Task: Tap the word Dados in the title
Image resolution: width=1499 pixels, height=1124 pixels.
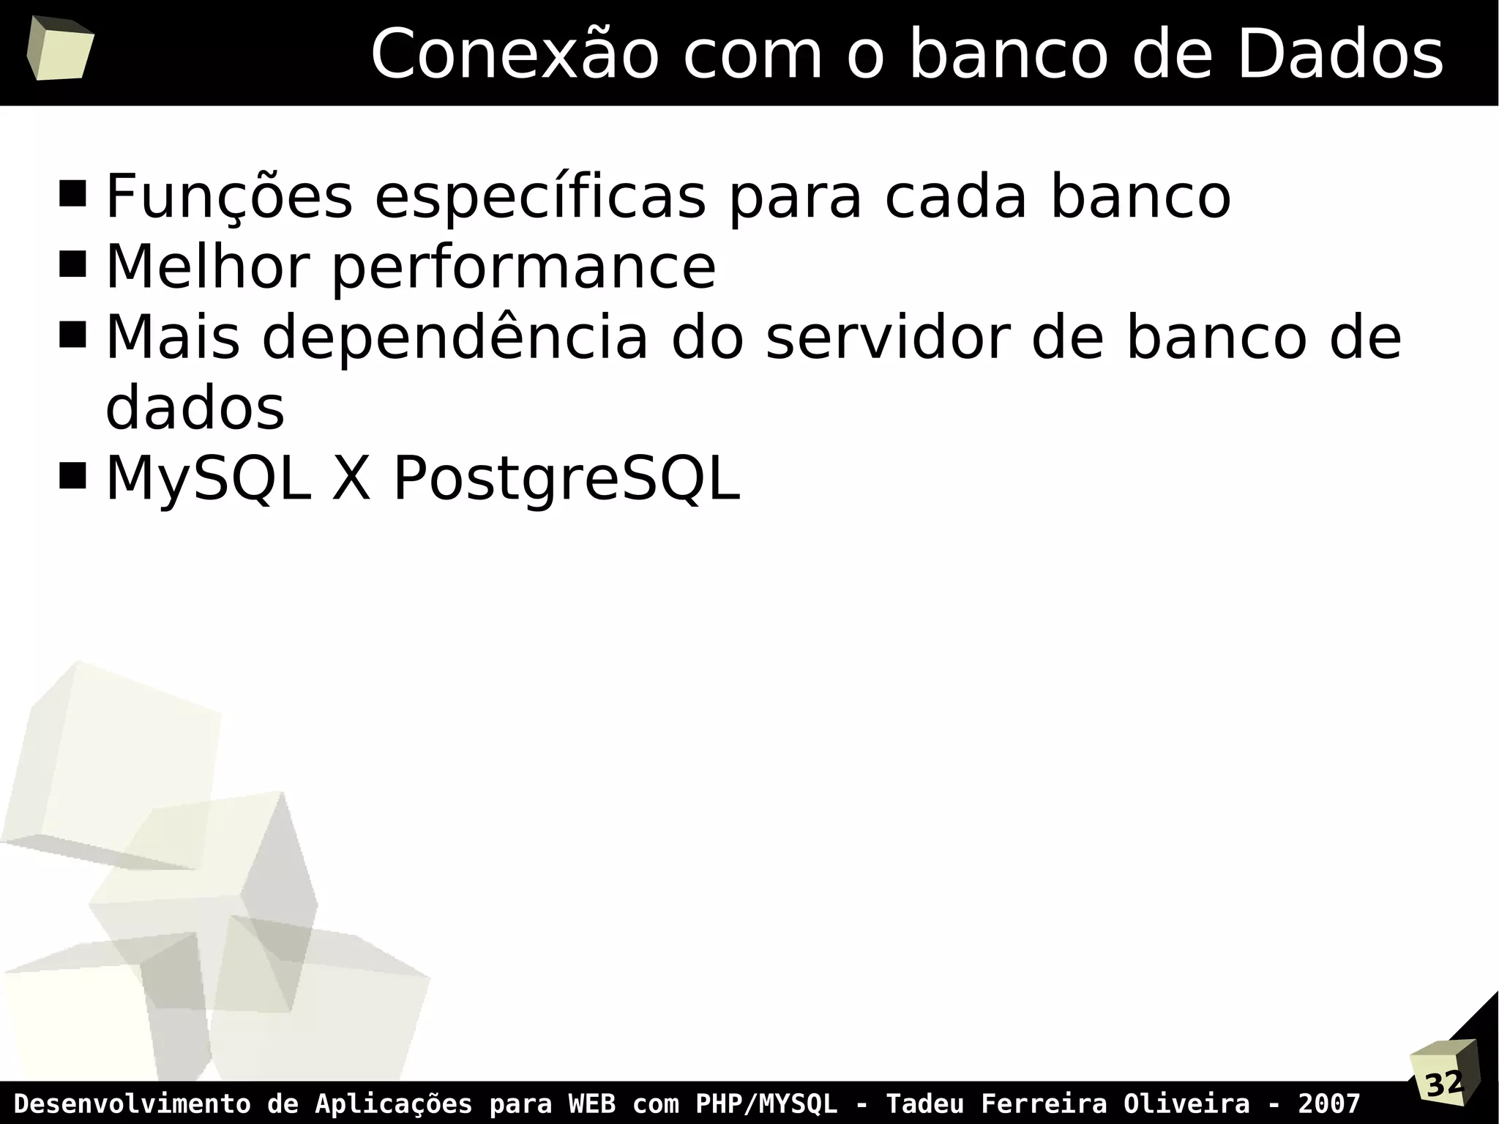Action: (x=1340, y=54)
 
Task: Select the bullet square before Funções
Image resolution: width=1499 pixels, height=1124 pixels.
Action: (x=72, y=194)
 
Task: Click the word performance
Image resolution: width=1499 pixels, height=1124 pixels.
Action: (x=523, y=268)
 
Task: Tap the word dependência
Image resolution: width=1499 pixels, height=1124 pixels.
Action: (x=455, y=338)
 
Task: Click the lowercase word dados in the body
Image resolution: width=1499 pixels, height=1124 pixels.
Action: (x=195, y=408)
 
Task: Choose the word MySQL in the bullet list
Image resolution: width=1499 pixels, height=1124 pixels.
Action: (x=209, y=479)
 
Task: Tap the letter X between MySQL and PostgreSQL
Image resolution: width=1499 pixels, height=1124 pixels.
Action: (x=352, y=479)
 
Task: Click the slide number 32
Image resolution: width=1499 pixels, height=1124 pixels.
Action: (x=1444, y=1084)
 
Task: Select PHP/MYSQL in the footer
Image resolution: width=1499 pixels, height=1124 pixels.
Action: (x=766, y=1103)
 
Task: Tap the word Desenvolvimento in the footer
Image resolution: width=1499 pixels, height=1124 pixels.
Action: (x=132, y=1103)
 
